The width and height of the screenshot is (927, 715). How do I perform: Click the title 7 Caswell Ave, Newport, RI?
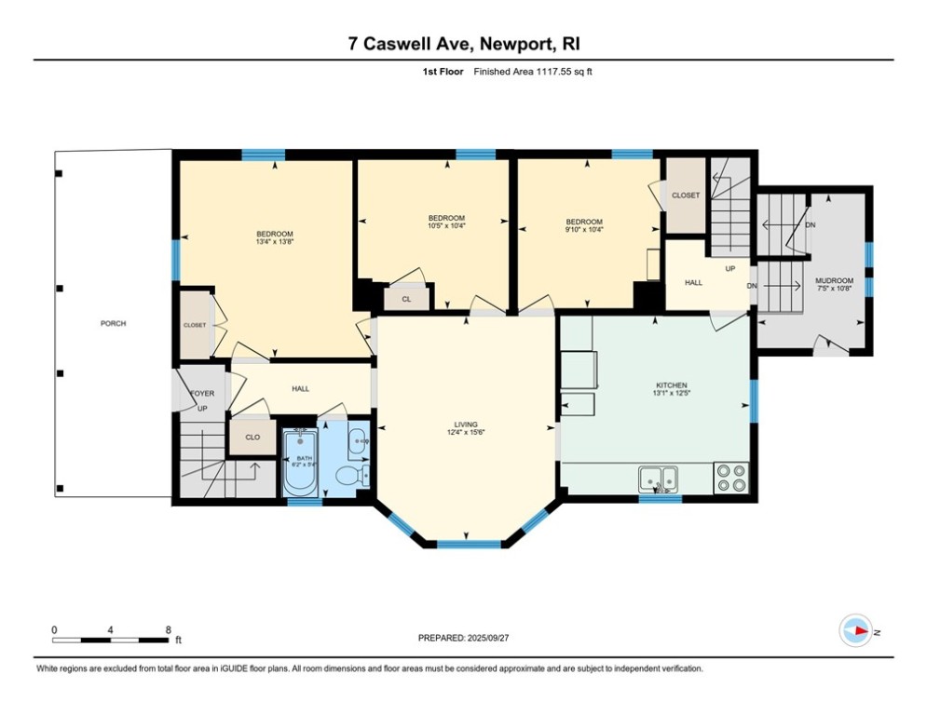(x=463, y=44)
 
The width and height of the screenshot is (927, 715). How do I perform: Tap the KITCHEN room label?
(x=672, y=385)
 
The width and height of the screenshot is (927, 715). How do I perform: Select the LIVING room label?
(x=466, y=425)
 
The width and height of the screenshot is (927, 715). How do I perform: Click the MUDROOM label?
(x=834, y=280)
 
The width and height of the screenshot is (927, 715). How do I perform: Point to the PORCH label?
(x=114, y=324)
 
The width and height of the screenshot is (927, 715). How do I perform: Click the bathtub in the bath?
(x=300, y=462)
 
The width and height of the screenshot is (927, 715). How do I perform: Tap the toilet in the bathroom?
(x=348, y=476)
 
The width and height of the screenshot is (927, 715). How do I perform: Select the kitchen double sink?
(x=659, y=479)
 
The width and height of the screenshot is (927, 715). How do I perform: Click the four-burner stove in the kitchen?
(x=731, y=478)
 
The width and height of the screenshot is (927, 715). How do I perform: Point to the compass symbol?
(x=854, y=630)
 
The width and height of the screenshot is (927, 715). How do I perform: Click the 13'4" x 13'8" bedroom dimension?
(x=275, y=242)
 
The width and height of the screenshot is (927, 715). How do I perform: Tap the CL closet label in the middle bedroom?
(x=406, y=299)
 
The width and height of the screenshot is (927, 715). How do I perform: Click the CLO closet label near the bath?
(x=252, y=437)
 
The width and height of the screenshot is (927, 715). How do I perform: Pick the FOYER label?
(x=202, y=394)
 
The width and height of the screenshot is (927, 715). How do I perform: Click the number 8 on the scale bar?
(x=168, y=630)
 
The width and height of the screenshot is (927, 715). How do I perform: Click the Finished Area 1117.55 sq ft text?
(x=532, y=72)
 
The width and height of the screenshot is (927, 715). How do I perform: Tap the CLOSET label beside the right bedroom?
(x=686, y=196)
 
